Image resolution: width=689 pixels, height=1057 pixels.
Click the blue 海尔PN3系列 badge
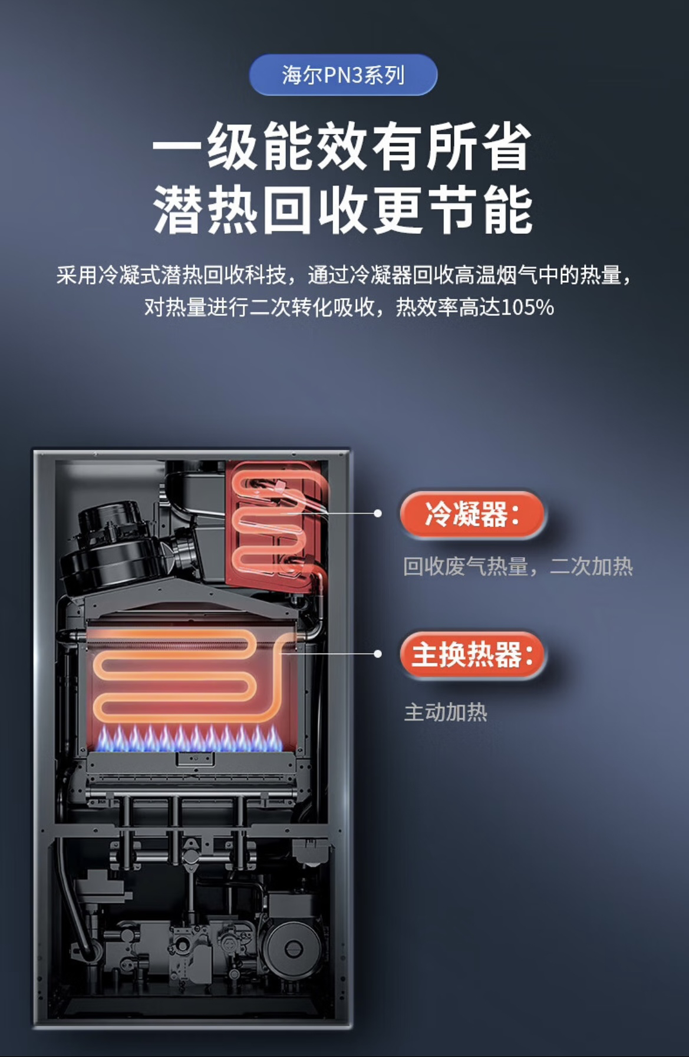(343, 75)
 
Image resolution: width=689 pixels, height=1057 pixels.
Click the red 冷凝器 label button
(473, 514)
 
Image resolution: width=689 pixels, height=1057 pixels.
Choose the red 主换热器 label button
(473, 655)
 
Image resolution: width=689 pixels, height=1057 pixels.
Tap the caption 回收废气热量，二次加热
(517, 566)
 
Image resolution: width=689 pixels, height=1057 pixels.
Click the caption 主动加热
(446, 712)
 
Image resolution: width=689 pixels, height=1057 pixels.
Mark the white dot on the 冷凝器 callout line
(378, 513)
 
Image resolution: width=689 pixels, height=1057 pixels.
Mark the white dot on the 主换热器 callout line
(378, 653)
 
